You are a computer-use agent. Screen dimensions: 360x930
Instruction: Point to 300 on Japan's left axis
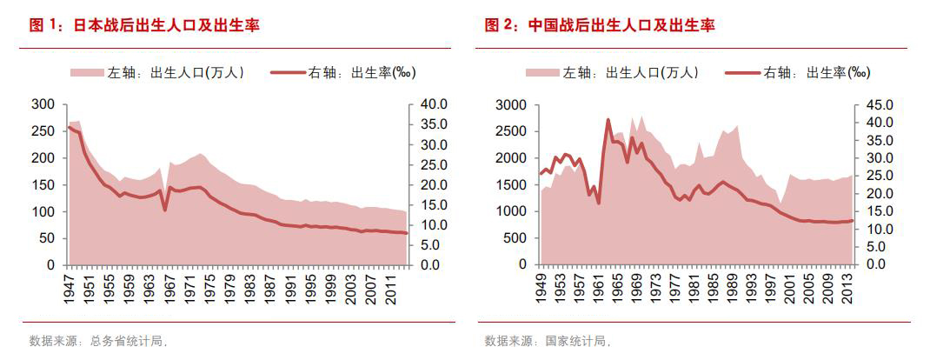click(43, 104)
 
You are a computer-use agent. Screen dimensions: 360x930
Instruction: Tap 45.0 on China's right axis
click(889, 105)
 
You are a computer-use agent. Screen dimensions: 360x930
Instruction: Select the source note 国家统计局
click(577, 340)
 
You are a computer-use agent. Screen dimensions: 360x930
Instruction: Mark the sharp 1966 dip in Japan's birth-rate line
click(165, 210)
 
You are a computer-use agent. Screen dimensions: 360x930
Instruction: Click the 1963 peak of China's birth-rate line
click(608, 120)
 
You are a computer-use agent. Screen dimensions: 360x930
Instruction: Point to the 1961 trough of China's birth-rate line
click(598, 202)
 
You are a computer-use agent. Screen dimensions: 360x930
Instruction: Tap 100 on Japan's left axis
click(43, 211)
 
